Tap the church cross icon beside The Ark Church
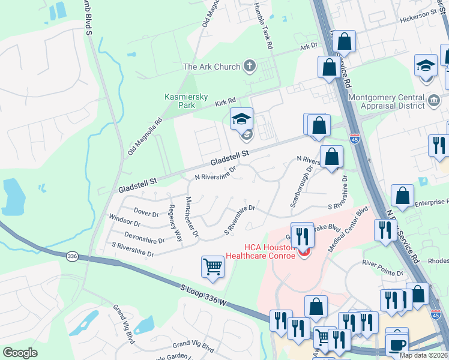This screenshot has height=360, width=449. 250,65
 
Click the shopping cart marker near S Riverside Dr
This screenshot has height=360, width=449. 212,266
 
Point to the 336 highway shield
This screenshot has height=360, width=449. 73,256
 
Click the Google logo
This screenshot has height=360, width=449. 20,352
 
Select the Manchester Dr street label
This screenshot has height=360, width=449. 191,217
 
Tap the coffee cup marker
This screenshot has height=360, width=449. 397,344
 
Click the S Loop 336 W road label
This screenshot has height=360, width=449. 205,296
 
